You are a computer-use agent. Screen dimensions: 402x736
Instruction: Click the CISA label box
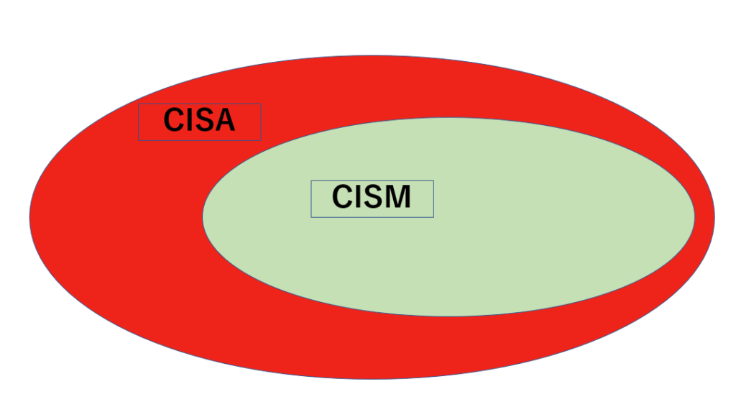point(199,122)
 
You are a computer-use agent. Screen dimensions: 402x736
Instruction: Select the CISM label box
point(372,198)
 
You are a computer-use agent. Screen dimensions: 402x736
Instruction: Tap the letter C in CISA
point(175,121)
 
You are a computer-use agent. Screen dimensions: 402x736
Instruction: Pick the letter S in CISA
point(206,121)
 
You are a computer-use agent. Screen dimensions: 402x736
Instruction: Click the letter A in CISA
point(225,121)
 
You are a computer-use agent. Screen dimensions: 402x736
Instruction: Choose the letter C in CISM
point(344,198)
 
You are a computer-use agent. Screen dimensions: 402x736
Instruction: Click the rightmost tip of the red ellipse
point(714,216)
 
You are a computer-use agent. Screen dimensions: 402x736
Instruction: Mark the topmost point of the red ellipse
point(372,56)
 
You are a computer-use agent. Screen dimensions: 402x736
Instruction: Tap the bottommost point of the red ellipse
point(372,378)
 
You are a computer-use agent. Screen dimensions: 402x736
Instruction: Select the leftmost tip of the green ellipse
point(203,215)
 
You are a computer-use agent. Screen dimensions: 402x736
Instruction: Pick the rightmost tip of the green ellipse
point(695,216)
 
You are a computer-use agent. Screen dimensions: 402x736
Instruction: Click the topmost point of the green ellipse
point(449,118)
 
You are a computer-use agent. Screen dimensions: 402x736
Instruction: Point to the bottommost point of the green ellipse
point(449,316)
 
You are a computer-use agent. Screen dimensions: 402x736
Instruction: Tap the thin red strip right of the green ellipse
point(705,216)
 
